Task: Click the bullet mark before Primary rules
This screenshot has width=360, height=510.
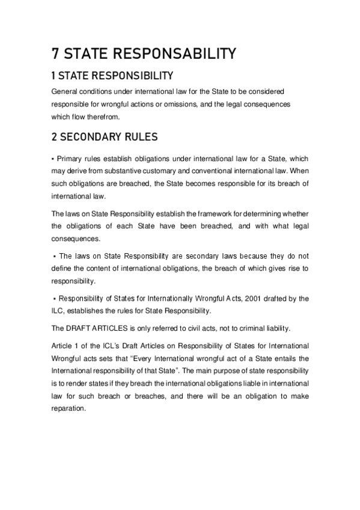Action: tap(53, 158)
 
